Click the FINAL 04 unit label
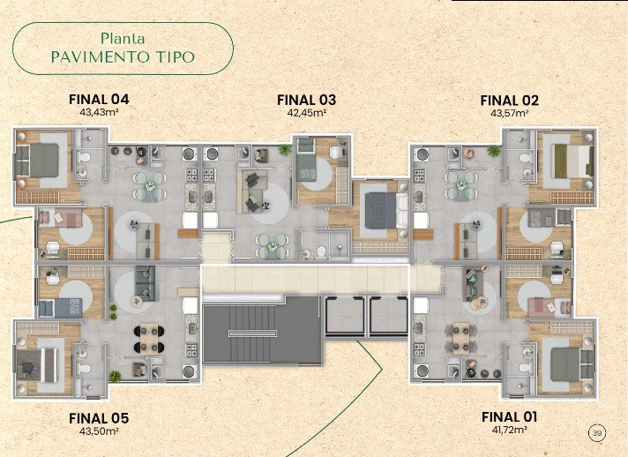pyautogui.click(x=99, y=100)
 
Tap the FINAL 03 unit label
pyautogui.click(x=306, y=100)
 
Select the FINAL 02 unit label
pyautogui.click(x=510, y=101)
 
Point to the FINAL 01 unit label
pyautogui.click(x=509, y=417)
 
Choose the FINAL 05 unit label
pyautogui.click(x=99, y=418)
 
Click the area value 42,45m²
pyautogui.click(x=306, y=113)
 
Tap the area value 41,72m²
pyautogui.click(x=509, y=430)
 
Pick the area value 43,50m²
pyautogui.click(x=99, y=431)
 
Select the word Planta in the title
pyautogui.click(x=123, y=39)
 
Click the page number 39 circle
pyautogui.click(x=597, y=432)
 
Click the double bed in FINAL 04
pyautogui.click(x=37, y=161)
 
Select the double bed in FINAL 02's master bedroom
pyautogui.click(x=572, y=161)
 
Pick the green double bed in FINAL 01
pyautogui.click(x=572, y=364)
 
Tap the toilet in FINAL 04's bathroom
pyautogui.click(x=85, y=157)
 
